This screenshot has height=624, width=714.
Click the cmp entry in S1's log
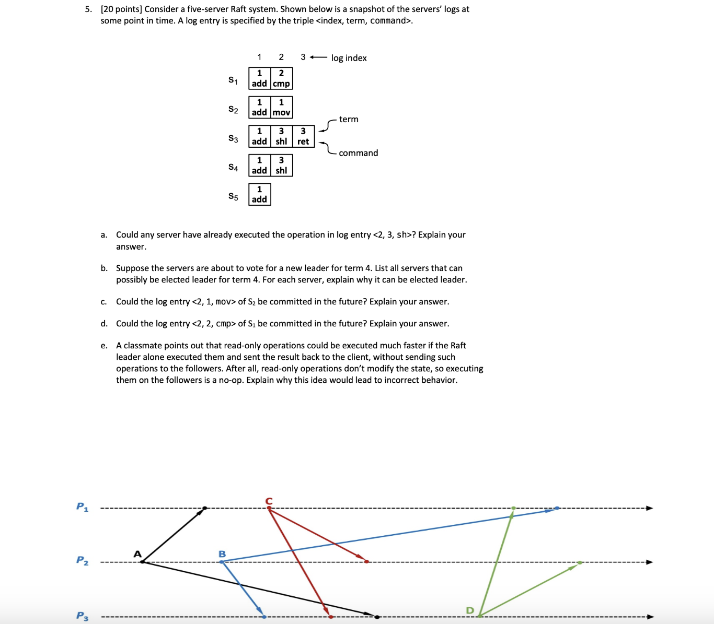click(281, 78)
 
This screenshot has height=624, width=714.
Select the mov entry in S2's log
click(281, 107)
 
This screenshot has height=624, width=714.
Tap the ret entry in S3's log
click(303, 136)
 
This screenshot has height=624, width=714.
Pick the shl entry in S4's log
click(281, 166)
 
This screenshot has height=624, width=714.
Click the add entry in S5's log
click(259, 194)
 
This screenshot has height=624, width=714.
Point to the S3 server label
click(233, 139)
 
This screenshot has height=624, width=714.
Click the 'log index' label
click(349, 58)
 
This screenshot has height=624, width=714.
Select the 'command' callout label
click(358, 153)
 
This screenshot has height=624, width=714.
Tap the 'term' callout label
click(349, 120)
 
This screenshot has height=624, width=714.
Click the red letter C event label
click(269, 501)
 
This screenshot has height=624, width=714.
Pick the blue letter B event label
click(222, 554)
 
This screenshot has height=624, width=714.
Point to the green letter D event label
click(469, 610)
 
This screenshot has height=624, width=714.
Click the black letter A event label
click(137, 554)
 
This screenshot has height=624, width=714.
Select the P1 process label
click(82, 507)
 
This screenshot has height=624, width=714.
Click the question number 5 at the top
click(88, 9)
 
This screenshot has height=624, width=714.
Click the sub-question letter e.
click(104, 346)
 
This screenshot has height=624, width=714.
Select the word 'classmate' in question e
click(142, 346)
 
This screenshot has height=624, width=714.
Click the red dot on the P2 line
click(366, 562)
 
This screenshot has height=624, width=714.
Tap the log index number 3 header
click(303, 57)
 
